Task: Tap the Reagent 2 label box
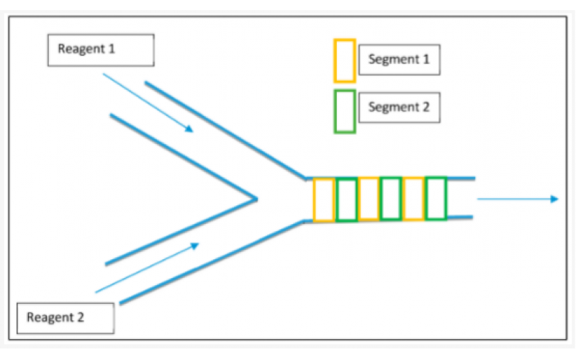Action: click(x=66, y=317)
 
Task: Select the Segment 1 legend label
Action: click(x=399, y=60)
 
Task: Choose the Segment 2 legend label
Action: click(x=399, y=107)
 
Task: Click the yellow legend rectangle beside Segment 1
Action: click(x=345, y=60)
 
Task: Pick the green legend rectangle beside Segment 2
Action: click(x=345, y=111)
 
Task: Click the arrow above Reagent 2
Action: click(x=147, y=267)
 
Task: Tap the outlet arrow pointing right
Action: click(x=518, y=199)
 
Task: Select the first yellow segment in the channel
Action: click(x=323, y=199)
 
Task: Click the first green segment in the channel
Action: click(x=346, y=199)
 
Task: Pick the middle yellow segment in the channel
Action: click(x=369, y=199)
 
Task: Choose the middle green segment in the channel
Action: click(x=391, y=199)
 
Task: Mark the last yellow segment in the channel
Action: click(x=413, y=199)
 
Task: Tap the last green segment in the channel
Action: click(x=436, y=199)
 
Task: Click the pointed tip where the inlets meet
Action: click(x=256, y=197)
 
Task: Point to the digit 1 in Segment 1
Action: click(x=426, y=60)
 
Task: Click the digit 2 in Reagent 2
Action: click(x=80, y=317)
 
